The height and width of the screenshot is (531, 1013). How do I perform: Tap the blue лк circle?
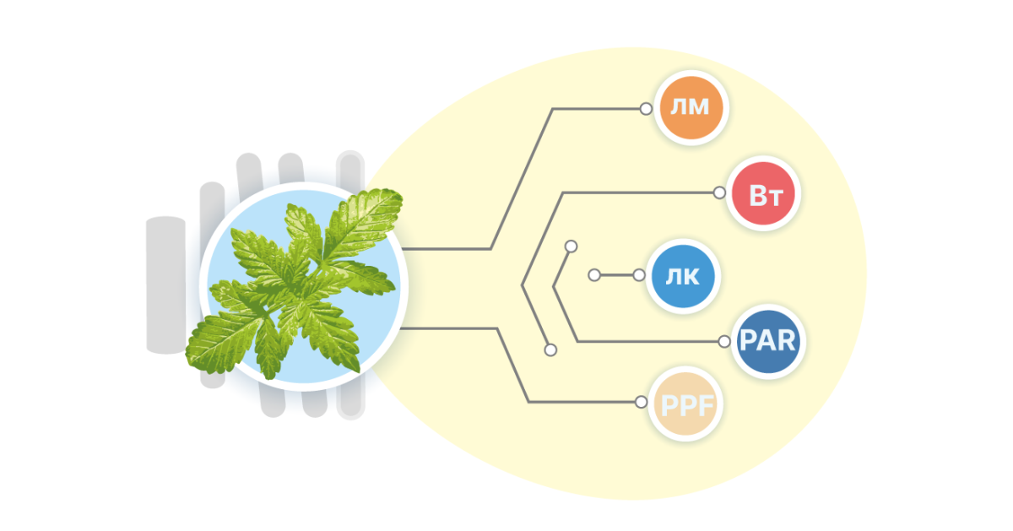coord(683,275)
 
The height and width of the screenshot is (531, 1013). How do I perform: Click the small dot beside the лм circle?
coord(646,108)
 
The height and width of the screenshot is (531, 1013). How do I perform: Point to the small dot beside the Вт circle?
coord(718,193)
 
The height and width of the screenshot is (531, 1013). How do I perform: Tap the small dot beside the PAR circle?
coord(723,342)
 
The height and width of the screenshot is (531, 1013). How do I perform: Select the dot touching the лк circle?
coord(638,275)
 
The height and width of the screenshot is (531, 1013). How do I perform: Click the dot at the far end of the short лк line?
coord(594,275)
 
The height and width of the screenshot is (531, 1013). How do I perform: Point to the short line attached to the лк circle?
coord(616,275)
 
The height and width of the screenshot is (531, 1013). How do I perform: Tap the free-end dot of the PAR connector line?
coord(572,247)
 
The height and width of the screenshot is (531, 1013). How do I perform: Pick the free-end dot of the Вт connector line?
coord(550,349)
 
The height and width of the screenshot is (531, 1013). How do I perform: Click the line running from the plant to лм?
coord(523,178)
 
